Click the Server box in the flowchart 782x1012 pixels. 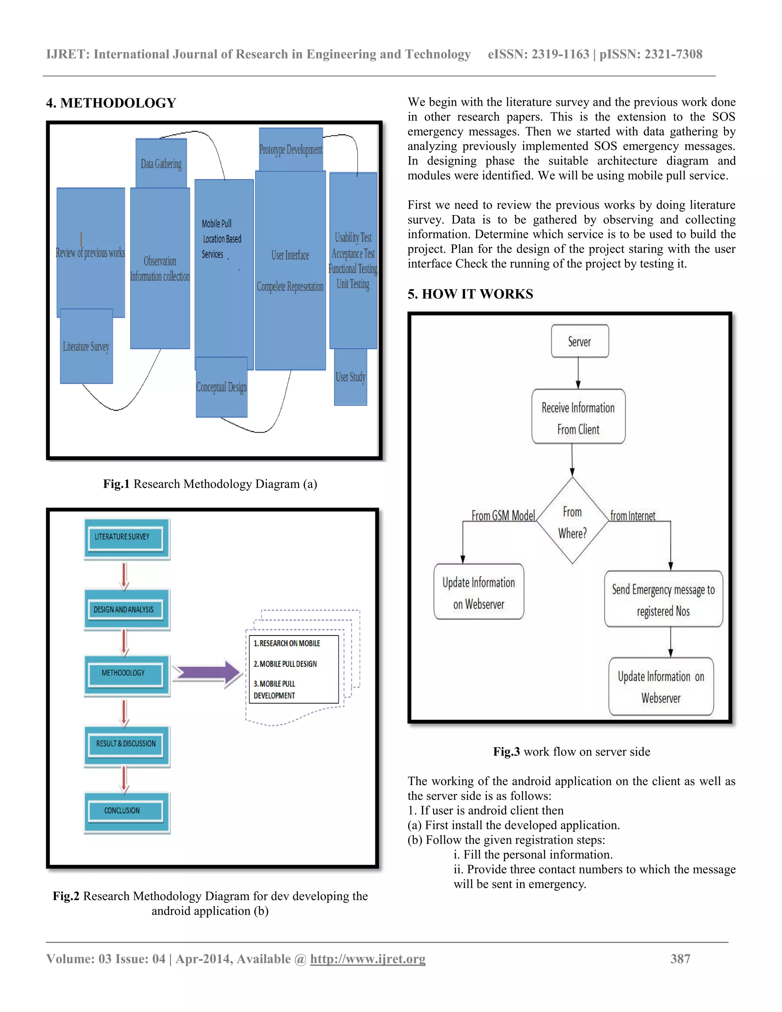click(580, 341)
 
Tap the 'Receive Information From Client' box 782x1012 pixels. click(578, 417)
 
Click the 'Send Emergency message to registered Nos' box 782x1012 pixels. click(663, 599)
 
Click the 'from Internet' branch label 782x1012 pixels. click(632, 516)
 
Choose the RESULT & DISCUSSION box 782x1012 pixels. click(126, 744)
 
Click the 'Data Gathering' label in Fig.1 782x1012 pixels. click(161, 163)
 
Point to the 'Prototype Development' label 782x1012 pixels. click(291, 150)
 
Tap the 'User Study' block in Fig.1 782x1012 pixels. click(351, 377)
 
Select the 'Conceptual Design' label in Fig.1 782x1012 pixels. click(221, 387)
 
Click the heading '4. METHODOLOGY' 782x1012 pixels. click(111, 103)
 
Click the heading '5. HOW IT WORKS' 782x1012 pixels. click(470, 294)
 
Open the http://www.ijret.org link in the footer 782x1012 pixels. click(367, 959)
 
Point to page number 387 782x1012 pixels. click(680, 959)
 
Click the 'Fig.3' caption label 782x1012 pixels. click(506, 752)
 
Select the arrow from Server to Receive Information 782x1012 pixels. click(578, 373)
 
